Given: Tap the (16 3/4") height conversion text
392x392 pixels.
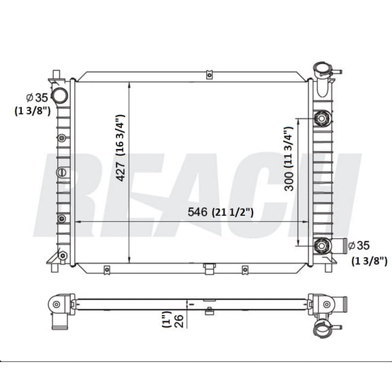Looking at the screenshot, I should (120, 133).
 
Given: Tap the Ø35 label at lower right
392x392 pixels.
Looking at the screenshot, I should (362, 246).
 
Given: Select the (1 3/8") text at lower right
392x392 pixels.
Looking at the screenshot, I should (370, 261).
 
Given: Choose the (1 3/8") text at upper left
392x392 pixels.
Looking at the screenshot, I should (31, 111).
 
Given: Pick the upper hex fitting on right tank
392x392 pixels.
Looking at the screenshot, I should (321, 120).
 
